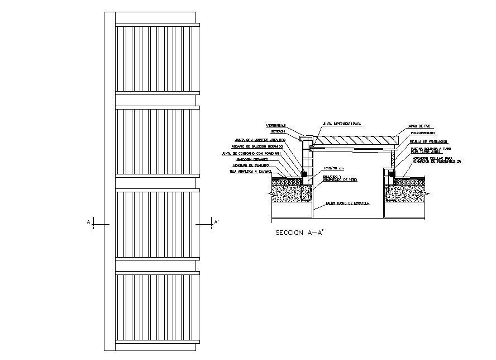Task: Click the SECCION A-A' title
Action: (299, 233)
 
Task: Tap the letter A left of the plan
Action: (88, 222)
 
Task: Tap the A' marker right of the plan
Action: (216, 222)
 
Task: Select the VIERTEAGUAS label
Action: (275, 125)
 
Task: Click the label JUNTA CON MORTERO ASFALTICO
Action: (260, 139)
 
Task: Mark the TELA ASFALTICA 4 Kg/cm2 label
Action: (249, 172)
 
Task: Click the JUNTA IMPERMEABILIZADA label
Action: (341, 123)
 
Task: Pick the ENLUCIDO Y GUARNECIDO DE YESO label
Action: (338, 178)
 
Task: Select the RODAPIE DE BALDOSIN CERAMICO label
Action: (257, 146)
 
